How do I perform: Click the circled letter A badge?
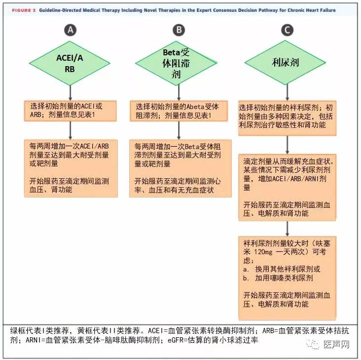(x=70, y=30)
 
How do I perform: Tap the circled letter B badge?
(x=179, y=30)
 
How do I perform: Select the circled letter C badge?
(x=287, y=30)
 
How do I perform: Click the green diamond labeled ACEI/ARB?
(x=70, y=63)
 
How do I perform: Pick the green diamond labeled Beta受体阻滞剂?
(x=176, y=63)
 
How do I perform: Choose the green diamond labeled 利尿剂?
(x=285, y=62)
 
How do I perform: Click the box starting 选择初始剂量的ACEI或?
(x=70, y=111)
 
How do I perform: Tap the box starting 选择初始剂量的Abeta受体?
(x=179, y=111)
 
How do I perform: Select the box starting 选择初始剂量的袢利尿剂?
(x=287, y=118)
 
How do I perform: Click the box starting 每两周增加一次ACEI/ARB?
(x=71, y=168)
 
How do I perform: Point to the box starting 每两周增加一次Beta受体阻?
(x=180, y=168)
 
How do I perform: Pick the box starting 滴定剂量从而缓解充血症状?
(x=287, y=188)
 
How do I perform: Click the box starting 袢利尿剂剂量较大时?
(x=287, y=278)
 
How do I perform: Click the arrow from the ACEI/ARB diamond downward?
(x=70, y=93)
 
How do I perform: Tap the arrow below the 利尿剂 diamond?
(x=287, y=92)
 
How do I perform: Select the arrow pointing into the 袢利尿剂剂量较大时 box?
(x=287, y=229)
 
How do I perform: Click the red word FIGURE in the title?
(x=21, y=10)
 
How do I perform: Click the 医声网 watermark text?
(x=336, y=344)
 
